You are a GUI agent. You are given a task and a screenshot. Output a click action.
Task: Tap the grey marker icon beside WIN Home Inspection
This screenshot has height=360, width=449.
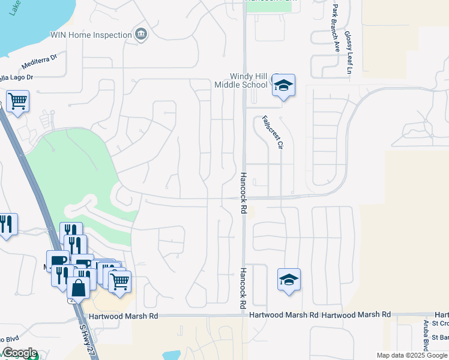point(141,34)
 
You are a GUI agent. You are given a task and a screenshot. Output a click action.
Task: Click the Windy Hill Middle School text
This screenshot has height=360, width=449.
point(249,80)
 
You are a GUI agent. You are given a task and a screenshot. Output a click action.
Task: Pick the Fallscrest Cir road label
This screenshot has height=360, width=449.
point(271,132)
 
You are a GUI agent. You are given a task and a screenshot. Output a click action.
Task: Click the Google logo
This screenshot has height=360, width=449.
point(20,353)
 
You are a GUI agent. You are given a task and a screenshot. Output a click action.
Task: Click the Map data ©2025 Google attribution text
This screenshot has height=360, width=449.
point(412,355)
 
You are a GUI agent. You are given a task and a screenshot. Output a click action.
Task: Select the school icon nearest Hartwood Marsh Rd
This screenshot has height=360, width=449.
point(289,280)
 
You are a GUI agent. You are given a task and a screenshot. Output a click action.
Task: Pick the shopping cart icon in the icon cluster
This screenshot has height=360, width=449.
point(120,280)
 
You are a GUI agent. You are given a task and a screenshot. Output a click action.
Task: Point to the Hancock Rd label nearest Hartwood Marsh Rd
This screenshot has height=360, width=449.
point(244,288)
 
